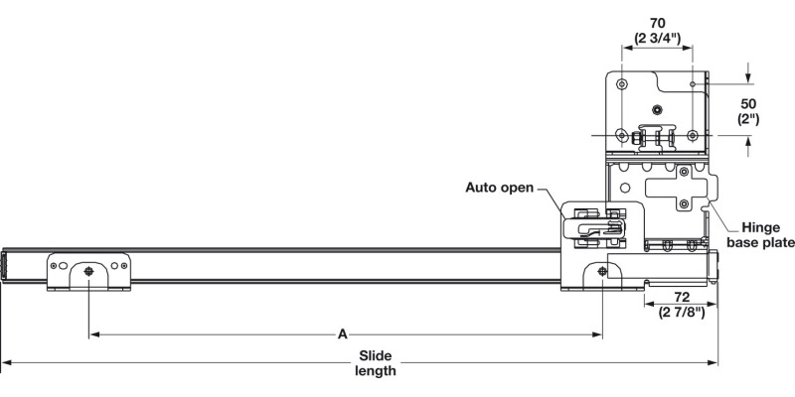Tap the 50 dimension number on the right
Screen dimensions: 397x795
(x=748, y=102)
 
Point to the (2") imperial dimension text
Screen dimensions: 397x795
(x=748, y=119)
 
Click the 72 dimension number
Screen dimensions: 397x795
(x=681, y=297)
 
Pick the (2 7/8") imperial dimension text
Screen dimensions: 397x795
(x=681, y=314)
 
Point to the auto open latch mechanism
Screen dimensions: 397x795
(x=596, y=222)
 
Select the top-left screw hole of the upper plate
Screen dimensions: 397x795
(x=622, y=82)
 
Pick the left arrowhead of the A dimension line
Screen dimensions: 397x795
(x=93, y=335)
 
